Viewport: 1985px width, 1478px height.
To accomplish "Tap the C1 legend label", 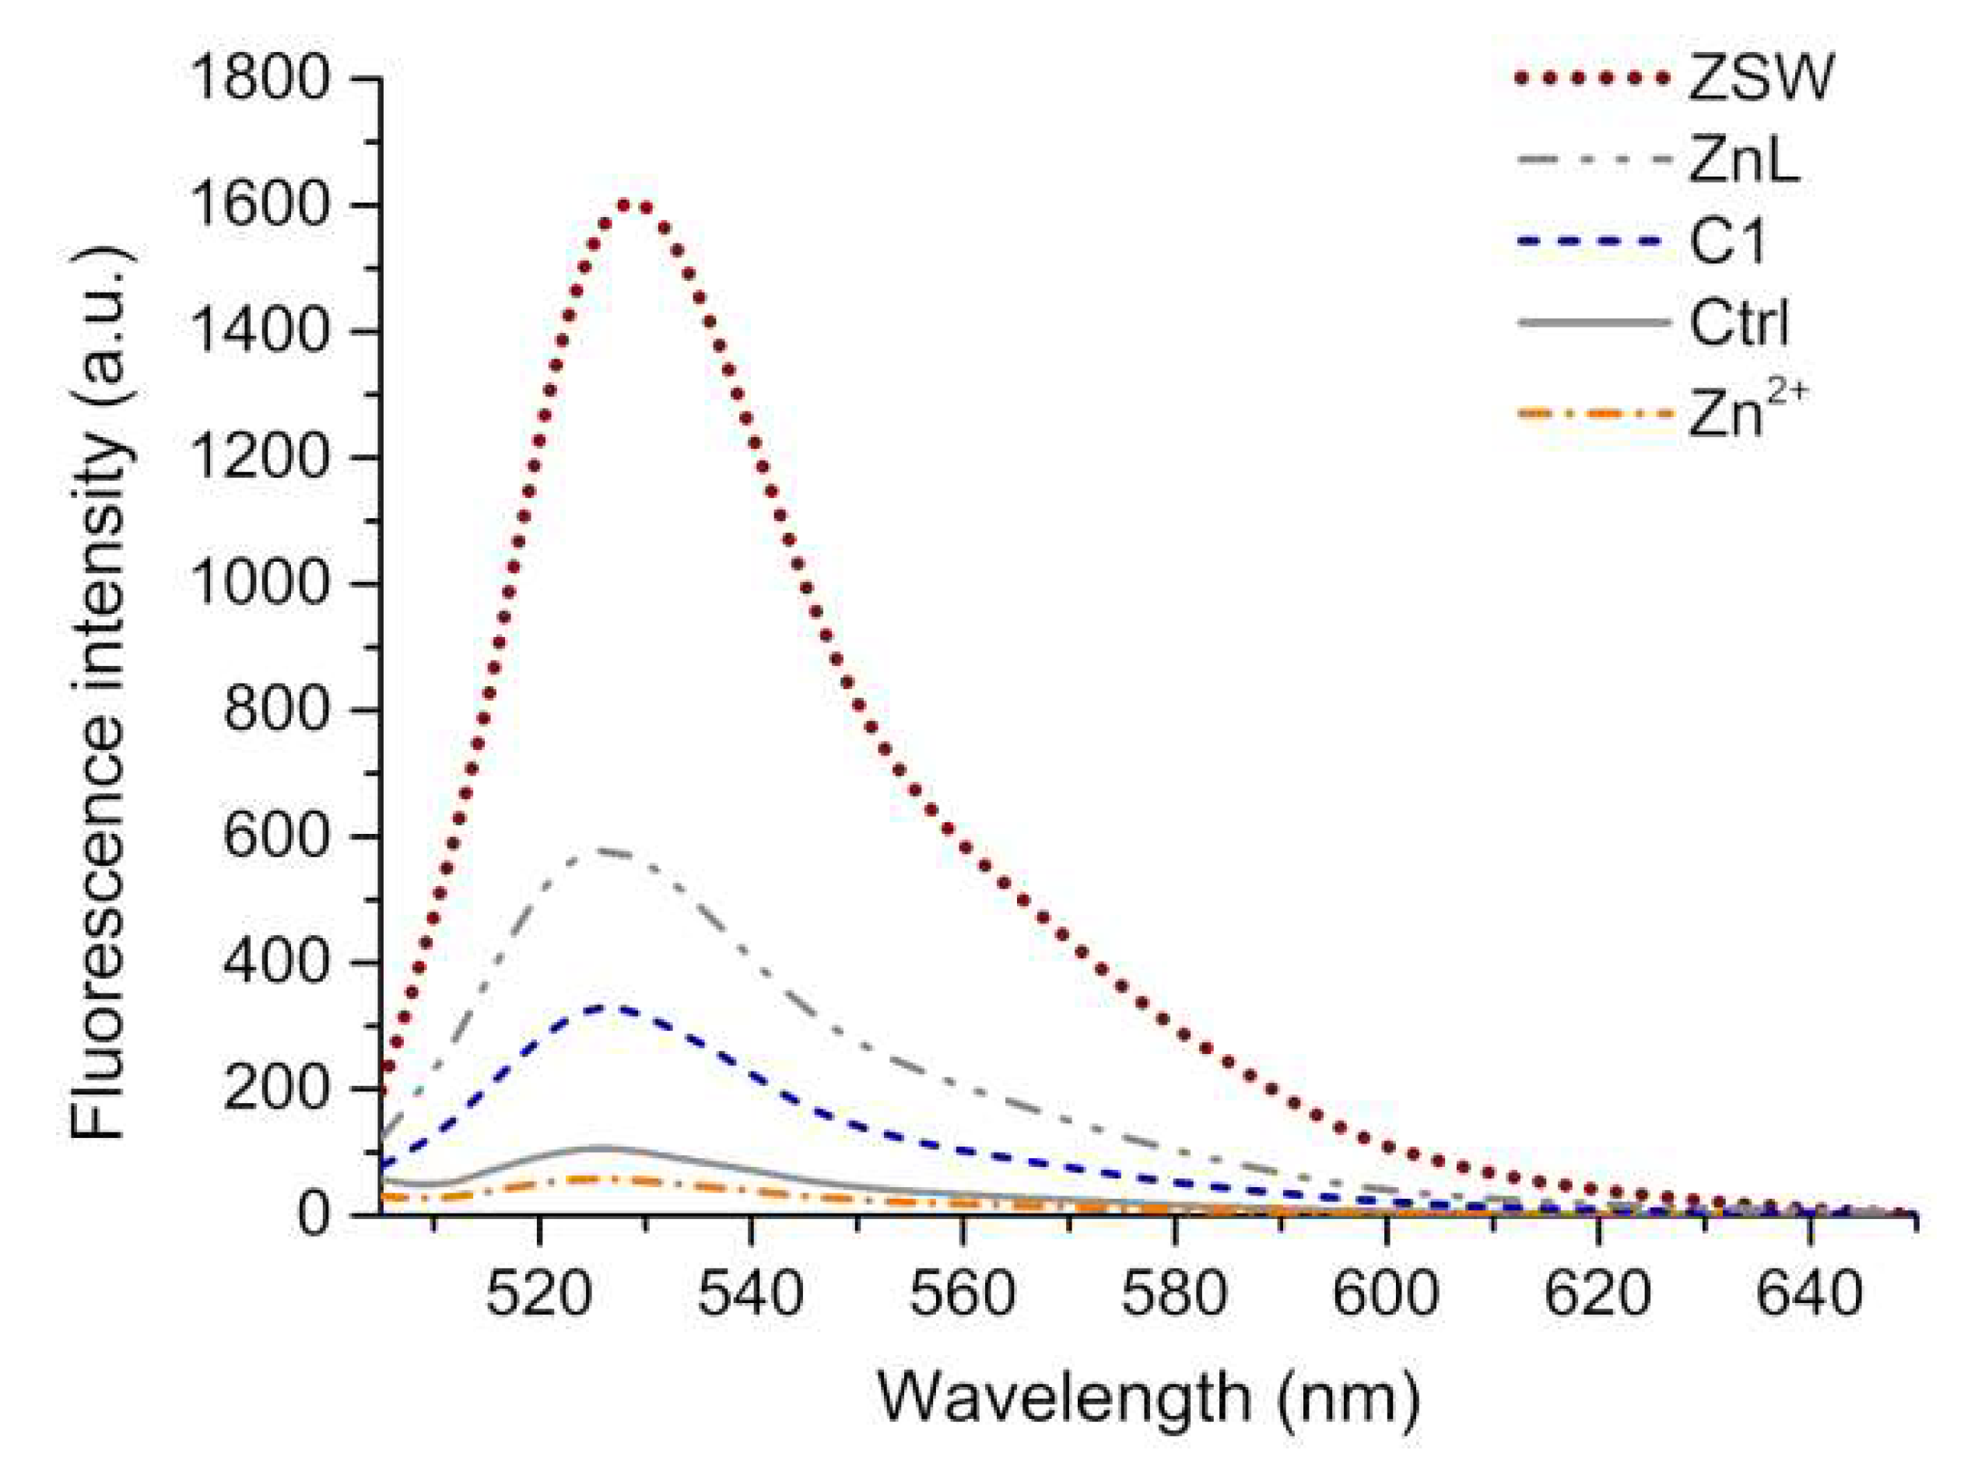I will (1727, 243).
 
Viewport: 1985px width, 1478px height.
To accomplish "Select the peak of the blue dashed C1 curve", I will (613, 1008).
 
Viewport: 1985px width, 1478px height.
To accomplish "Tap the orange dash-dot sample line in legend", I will (1594, 415).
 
